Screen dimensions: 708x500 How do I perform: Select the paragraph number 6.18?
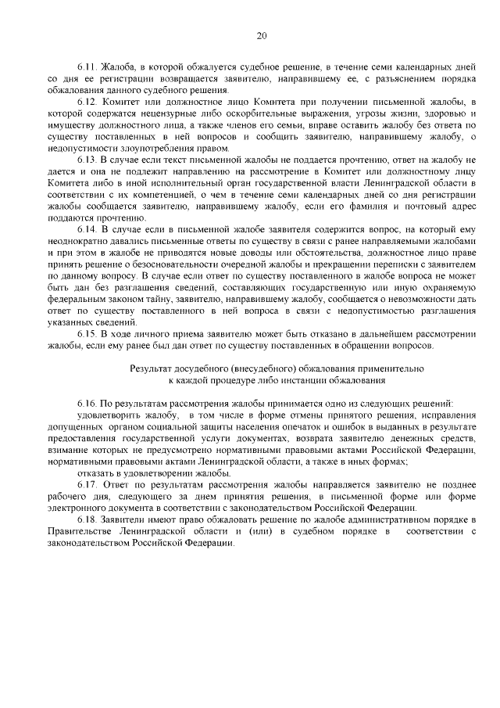[87, 519]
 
